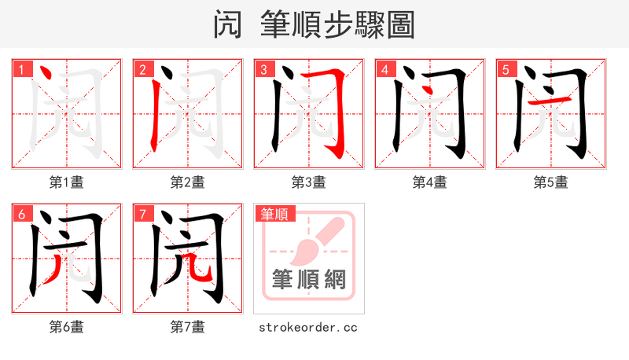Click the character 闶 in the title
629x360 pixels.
(228, 24)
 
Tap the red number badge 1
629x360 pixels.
(21, 69)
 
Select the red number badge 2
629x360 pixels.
(142, 69)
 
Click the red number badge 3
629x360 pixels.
(263, 69)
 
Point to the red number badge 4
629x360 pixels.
(384, 69)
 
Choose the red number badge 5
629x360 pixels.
(506, 69)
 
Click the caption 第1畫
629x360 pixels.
(67, 182)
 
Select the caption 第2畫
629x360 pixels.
(188, 182)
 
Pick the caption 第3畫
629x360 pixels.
(309, 182)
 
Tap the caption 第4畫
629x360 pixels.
(430, 182)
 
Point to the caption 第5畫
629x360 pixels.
(551, 182)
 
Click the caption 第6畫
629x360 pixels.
(67, 327)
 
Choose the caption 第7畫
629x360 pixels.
(188, 327)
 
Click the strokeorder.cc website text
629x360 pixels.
(308, 327)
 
